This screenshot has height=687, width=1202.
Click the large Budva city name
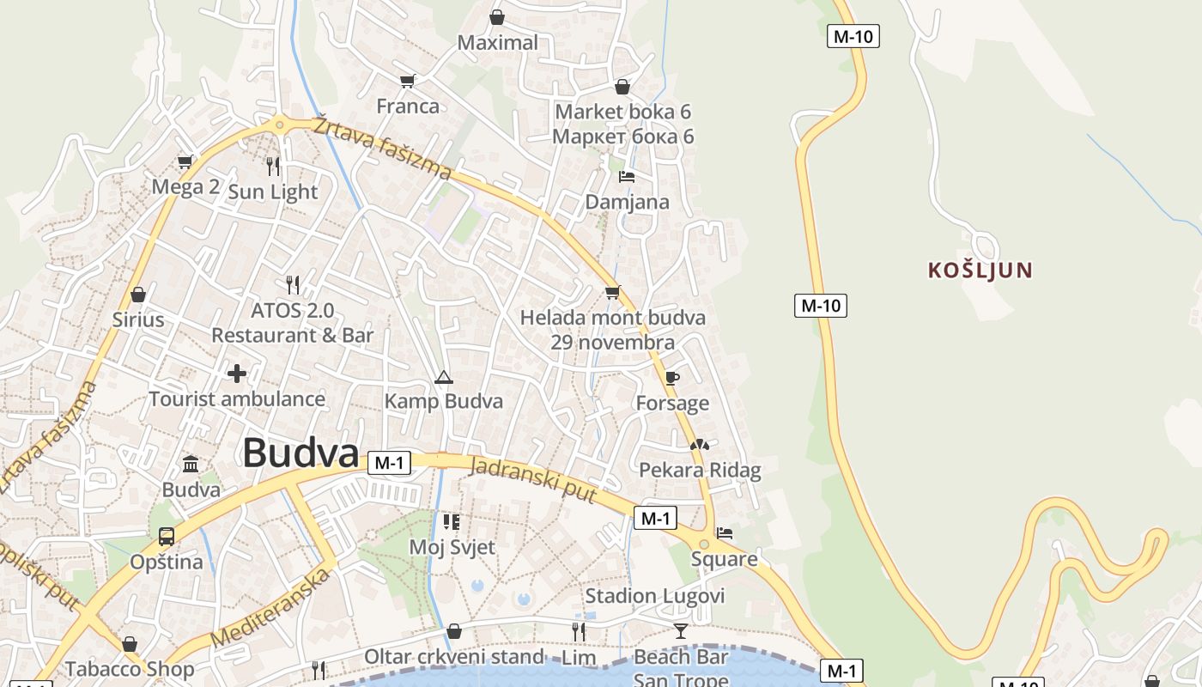click(300, 453)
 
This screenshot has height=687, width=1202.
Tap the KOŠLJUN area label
click(980, 271)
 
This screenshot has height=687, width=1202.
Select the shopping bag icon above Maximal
click(497, 17)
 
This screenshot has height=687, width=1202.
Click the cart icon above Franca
click(408, 81)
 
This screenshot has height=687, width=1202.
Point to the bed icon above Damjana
click(627, 177)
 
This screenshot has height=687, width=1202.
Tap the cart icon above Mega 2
click(185, 161)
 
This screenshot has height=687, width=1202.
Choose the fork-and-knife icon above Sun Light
click(273, 166)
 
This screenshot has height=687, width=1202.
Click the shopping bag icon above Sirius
click(137, 295)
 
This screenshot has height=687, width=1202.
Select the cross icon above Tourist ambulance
click(237, 374)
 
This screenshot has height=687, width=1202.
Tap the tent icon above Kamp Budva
click(443, 377)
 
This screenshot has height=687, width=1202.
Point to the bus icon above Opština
click(167, 537)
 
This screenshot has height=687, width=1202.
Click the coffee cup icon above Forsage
click(672, 378)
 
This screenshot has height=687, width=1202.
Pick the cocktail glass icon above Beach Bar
click(681, 631)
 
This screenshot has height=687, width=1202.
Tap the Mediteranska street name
click(271, 608)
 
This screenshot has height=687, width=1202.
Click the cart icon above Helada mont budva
click(612, 293)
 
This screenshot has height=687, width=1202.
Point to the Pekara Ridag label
click(700, 470)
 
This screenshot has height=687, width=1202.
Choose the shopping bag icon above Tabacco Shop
click(130, 643)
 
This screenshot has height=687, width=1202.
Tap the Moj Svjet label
click(452, 546)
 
